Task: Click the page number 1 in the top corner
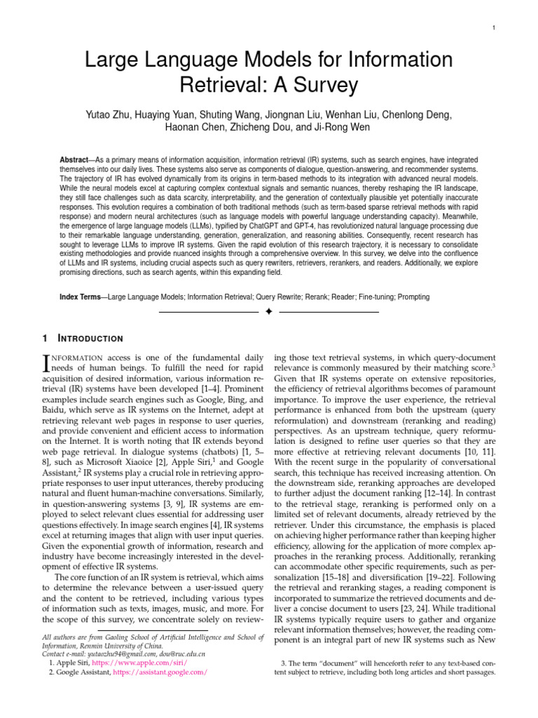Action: tap(495, 27)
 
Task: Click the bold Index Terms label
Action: tap(80, 297)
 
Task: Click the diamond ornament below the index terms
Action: tap(269, 311)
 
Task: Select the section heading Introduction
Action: tap(90, 339)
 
